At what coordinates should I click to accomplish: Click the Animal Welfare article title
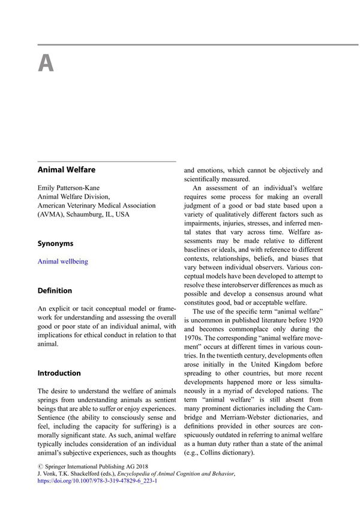tap(66, 170)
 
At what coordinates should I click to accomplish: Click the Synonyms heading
tap(55, 244)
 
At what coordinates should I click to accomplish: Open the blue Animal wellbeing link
tap(62, 262)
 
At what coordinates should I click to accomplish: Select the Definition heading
tap(55, 290)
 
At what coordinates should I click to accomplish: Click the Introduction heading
tap(60, 373)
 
